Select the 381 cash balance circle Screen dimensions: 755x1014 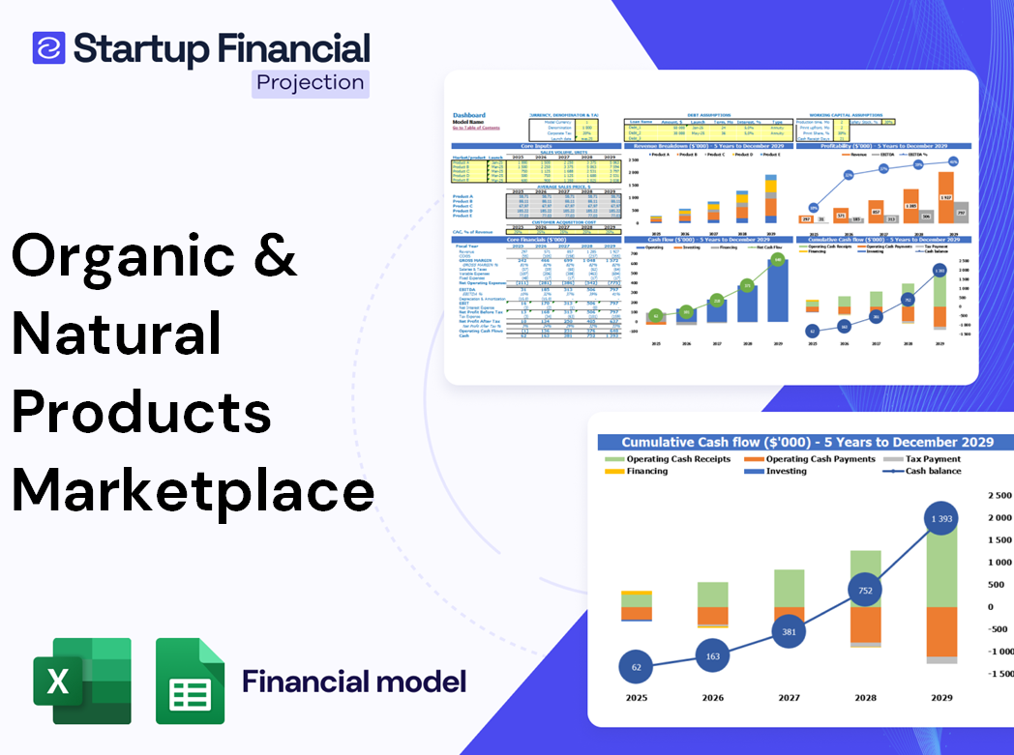(790, 632)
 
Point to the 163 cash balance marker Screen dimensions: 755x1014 (713, 656)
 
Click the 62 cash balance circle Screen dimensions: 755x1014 (635, 667)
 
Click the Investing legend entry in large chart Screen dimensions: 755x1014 (786, 471)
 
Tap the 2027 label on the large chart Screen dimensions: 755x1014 (789, 697)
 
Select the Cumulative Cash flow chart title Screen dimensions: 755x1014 (807, 442)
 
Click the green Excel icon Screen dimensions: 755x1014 (82, 681)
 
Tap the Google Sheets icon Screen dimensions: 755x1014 (191, 681)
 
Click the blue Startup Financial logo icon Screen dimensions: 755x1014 (48, 47)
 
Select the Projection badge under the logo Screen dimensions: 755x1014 (311, 82)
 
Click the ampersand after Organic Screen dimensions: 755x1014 (277, 254)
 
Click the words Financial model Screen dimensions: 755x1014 (354, 682)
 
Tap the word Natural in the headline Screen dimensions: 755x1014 (117, 334)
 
